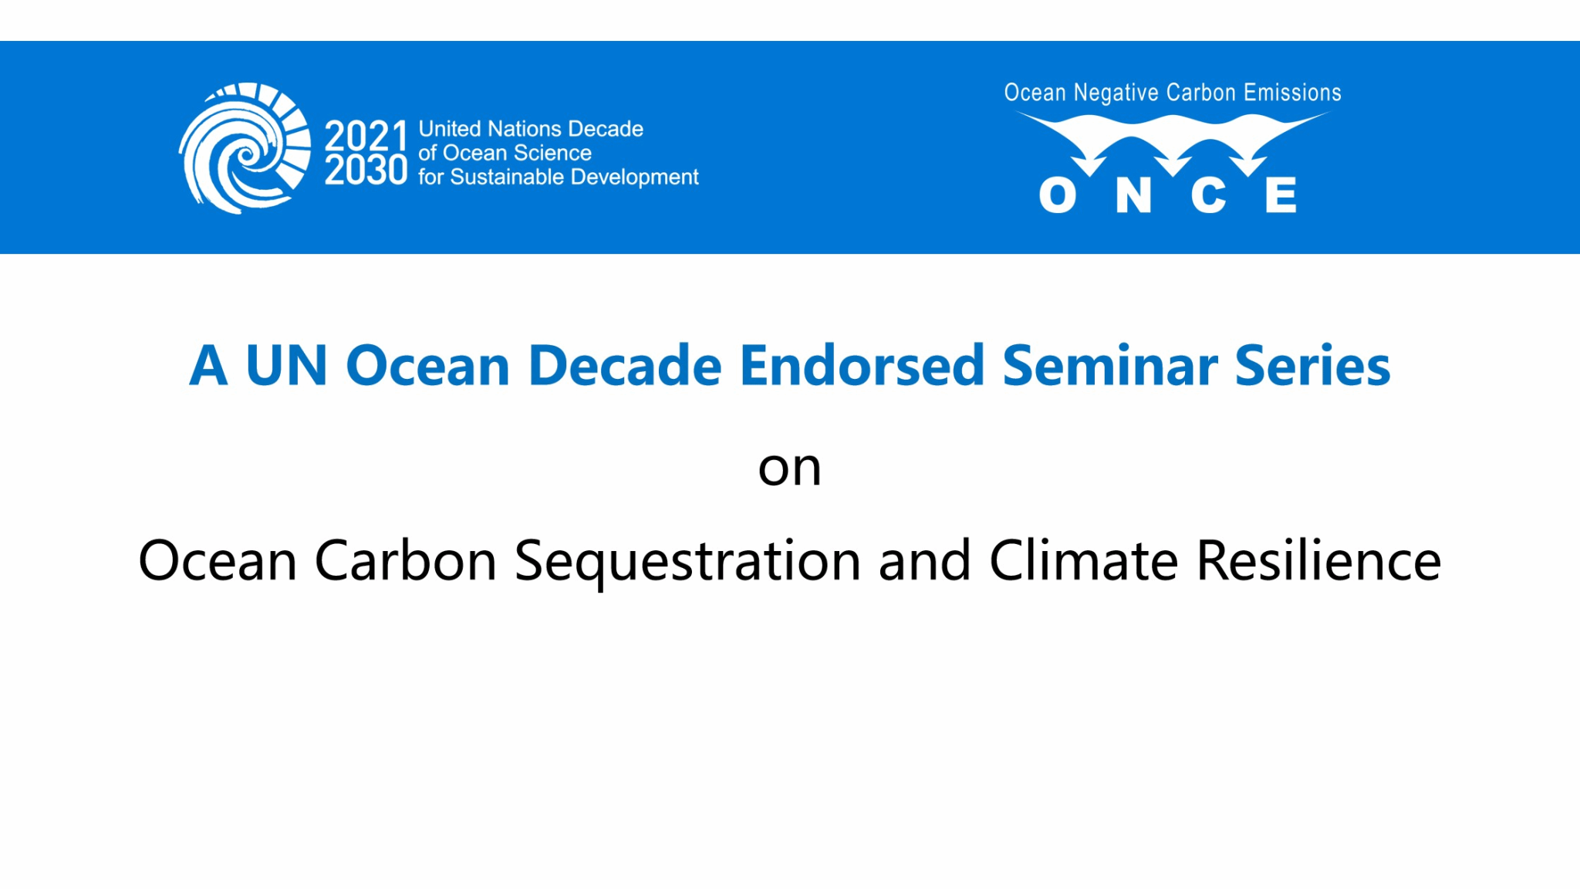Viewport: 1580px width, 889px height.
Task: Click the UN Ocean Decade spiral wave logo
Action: coord(245,148)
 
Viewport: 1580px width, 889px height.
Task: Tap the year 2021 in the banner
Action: coord(366,136)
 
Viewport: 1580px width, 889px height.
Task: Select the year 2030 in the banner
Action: coord(366,169)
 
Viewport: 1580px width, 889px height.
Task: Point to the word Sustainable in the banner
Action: coord(507,177)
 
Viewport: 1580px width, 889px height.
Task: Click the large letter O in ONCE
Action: coord(1058,194)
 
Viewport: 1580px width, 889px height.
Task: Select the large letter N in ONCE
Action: coord(1133,194)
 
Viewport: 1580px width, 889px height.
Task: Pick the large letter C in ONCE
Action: coord(1208,194)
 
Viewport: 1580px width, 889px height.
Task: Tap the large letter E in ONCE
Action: coord(1281,194)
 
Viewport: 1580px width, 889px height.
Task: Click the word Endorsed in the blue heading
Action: coord(863,365)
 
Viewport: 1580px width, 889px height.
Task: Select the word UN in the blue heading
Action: coord(286,365)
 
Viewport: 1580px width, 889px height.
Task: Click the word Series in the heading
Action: coord(1312,365)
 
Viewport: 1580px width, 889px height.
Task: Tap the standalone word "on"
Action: coord(789,468)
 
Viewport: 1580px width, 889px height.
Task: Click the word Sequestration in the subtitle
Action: coord(687,562)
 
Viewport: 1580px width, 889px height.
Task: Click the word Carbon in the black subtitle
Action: coord(406,560)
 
